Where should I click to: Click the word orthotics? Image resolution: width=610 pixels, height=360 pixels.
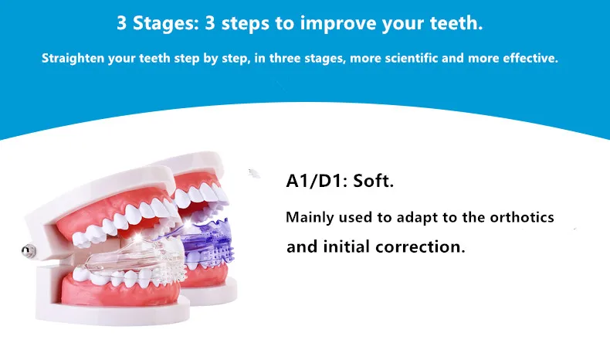tap(522, 217)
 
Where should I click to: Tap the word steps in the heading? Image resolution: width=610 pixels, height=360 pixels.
tap(242, 22)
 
